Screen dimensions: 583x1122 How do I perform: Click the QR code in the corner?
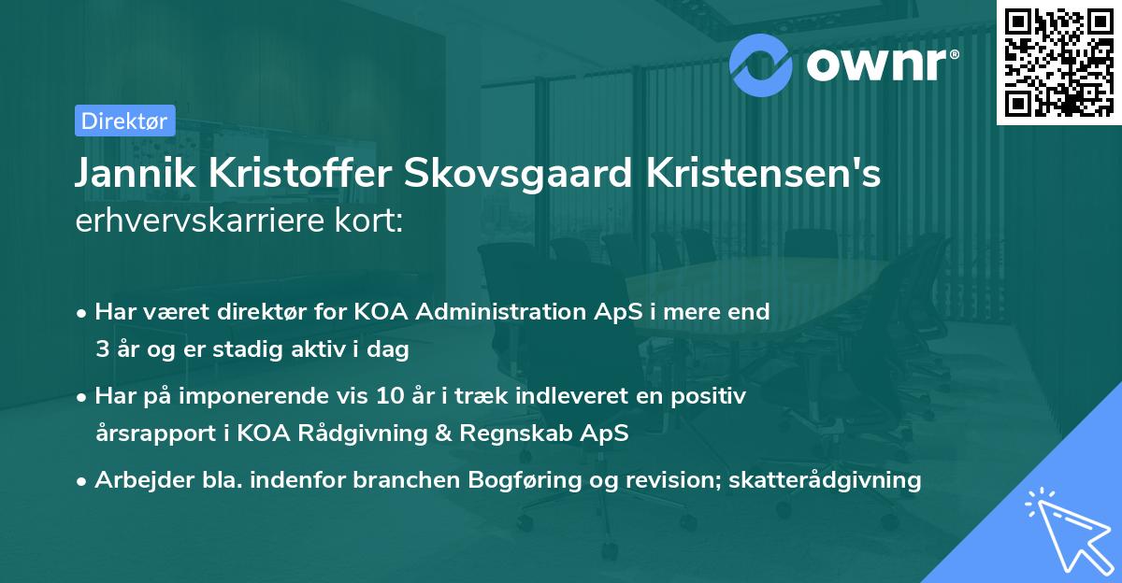pyautogui.click(x=1057, y=63)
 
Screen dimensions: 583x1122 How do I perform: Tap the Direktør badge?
pyautogui.click(x=123, y=121)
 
